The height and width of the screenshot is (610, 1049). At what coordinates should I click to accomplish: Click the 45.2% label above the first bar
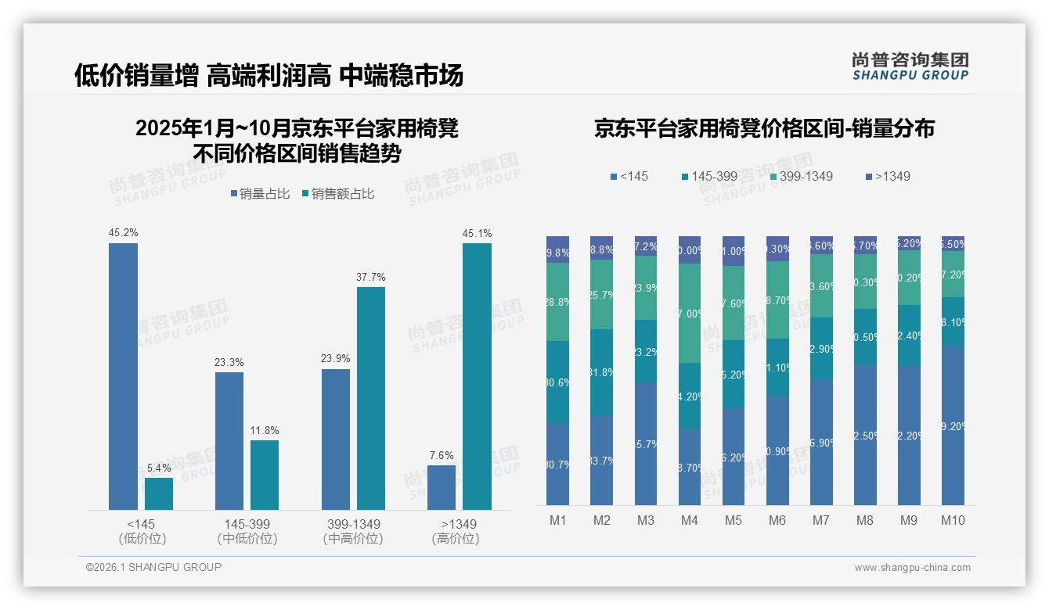coord(123,232)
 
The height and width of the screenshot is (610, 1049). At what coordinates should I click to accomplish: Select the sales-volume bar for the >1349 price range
coord(442,487)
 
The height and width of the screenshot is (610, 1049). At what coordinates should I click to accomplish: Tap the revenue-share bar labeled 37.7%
coord(371,398)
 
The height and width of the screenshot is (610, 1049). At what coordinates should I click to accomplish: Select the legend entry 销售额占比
coord(337,194)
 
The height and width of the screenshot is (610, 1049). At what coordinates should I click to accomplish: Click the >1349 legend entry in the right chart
coord(886,176)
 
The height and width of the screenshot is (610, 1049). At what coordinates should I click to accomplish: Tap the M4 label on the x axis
coord(690,521)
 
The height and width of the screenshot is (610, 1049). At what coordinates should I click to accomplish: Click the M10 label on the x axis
coord(953,521)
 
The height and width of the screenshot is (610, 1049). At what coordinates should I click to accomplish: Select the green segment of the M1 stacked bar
coord(558,301)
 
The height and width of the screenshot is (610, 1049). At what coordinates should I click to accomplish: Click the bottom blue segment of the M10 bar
coord(953,426)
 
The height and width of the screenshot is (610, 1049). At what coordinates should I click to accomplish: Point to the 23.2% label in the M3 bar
coord(646,352)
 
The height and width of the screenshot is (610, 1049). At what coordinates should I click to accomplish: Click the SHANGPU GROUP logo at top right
coord(910,66)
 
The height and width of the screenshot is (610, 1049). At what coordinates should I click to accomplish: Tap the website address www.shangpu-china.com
coord(912,568)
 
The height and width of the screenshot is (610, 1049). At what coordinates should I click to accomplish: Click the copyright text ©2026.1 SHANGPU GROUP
coord(153,567)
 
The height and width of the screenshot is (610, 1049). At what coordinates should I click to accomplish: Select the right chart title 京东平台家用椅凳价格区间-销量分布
coord(764,129)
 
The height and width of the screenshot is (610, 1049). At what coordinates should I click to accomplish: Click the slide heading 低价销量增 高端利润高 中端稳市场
coord(269,75)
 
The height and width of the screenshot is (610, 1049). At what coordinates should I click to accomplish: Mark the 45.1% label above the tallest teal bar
coord(477,233)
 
